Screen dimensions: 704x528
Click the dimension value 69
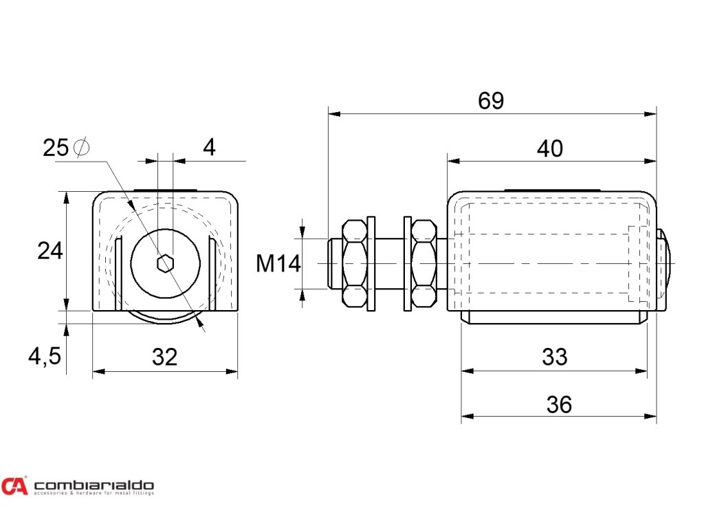coord(491,101)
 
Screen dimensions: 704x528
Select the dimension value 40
coord(549,148)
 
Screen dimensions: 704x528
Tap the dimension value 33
coord(554,357)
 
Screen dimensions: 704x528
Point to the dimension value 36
coord(558,404)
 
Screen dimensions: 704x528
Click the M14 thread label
coord(278,263)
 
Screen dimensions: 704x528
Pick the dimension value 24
coord(50,251)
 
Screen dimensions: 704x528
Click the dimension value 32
coord(165,357)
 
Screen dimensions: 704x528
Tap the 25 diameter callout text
coord(56,148)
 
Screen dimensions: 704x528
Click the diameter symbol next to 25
coord(81,148)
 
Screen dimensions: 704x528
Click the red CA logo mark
coord(14,485)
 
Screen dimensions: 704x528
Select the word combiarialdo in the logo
coord(93,483)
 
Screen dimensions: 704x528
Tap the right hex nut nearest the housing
coord(422,263)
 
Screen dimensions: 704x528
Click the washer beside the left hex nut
coord(373,263)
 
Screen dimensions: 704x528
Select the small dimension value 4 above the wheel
coord(209,147)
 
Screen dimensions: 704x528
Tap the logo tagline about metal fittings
coord(93,493)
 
